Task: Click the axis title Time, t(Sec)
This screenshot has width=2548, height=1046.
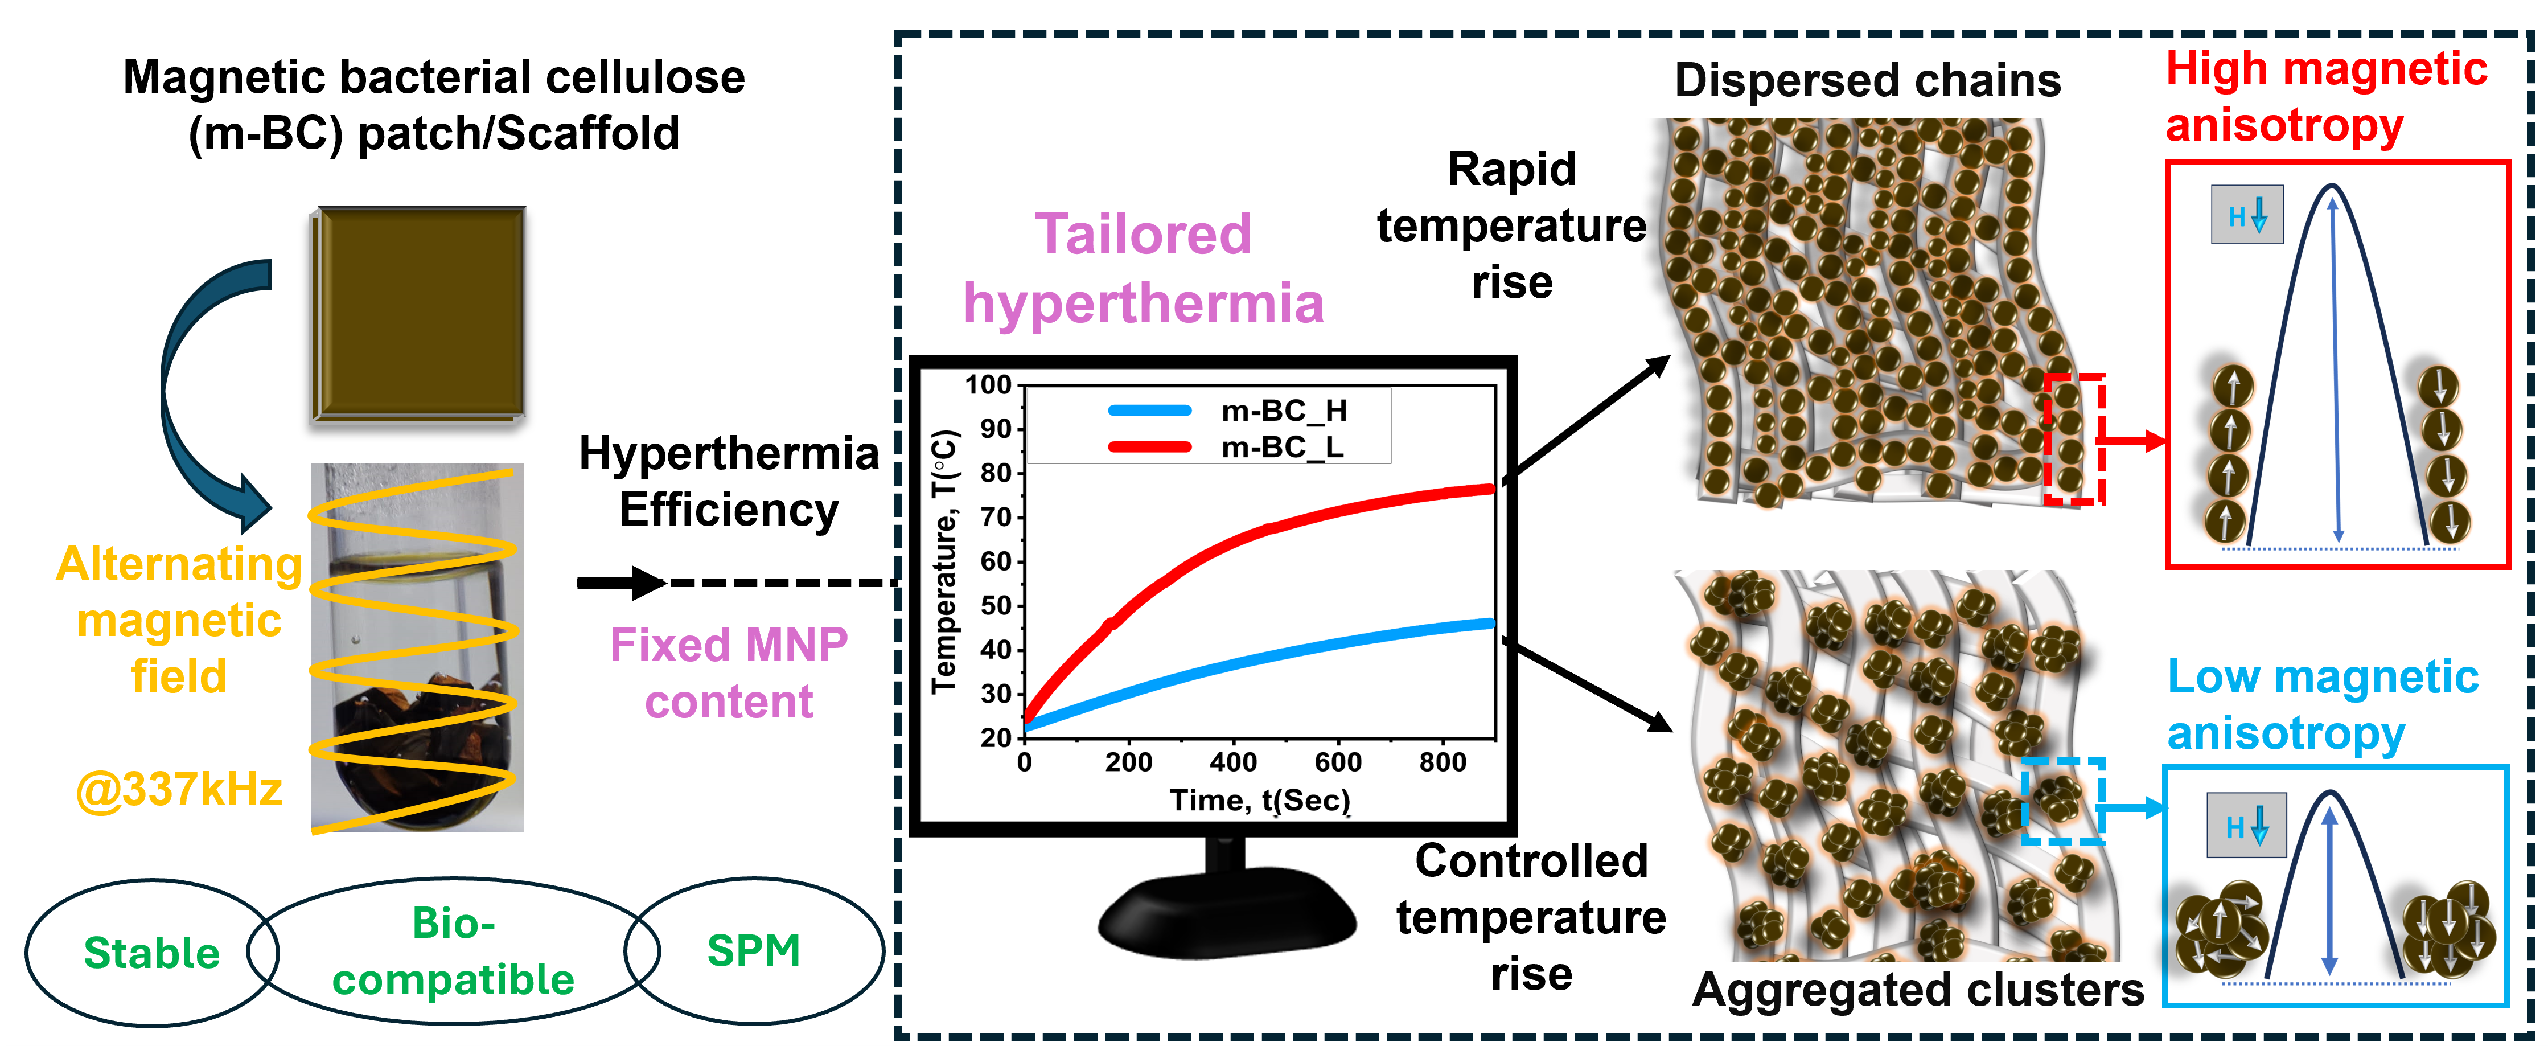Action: coord(1260,799)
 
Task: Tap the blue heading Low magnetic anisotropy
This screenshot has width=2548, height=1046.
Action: coord(2323,705)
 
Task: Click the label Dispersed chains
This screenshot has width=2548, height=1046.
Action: coord(1868,80)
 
